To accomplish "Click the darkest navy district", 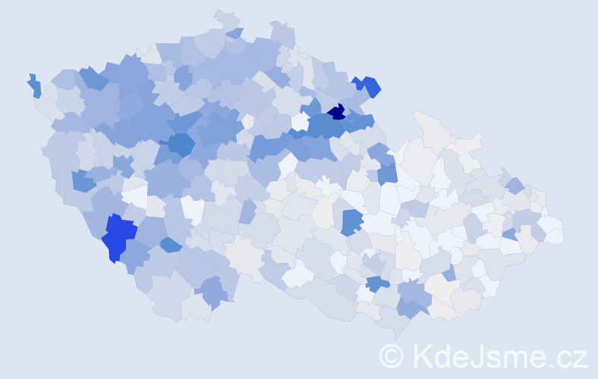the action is (337, 113).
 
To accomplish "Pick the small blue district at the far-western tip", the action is (35, 86).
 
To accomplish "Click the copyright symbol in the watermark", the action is (392, 355).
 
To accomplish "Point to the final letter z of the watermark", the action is (580, 358).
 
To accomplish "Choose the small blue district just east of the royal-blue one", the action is (171, 245).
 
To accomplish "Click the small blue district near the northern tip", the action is (234, 33).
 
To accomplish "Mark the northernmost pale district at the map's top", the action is (226, 19).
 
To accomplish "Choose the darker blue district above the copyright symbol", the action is (377, 284).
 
